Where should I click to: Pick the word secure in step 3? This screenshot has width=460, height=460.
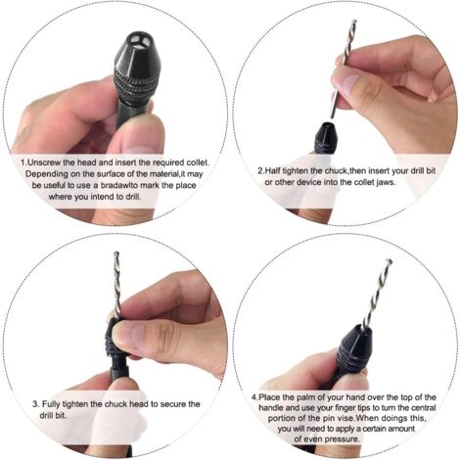tap(174, 403)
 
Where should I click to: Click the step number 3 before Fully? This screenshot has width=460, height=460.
tap(35, 403)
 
